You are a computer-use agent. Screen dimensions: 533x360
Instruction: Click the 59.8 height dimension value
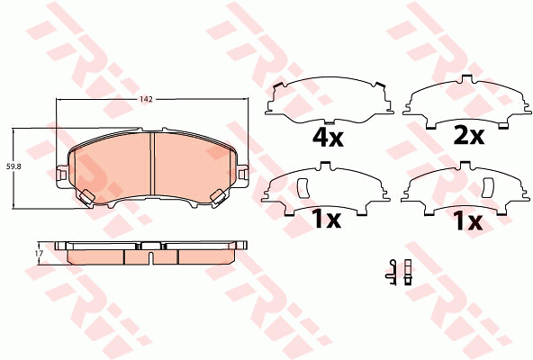[x=12, y=166]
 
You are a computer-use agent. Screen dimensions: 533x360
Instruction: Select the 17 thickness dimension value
[x=39, y=253]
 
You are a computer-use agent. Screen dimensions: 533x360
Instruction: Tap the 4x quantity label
[x=328, y=137]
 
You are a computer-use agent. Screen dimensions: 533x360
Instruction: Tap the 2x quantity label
[x=469, y=136]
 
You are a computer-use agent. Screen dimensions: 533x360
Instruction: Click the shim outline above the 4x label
[x=329, y=102]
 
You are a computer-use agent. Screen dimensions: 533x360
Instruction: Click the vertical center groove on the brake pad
[x=152, y=164]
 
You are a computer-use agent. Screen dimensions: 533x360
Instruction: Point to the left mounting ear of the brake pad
[x=61, y=175]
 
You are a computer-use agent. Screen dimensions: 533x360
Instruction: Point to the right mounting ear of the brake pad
[x=242, y=175]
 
